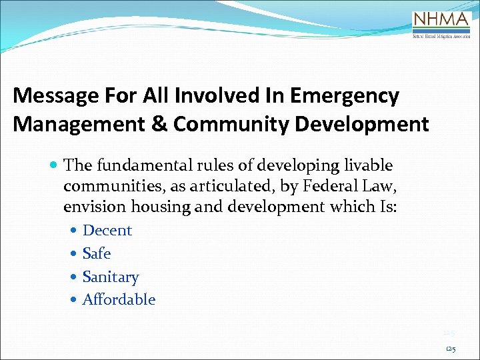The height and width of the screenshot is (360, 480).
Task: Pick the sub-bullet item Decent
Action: [107, 231]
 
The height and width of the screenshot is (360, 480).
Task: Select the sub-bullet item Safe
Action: [96, 254]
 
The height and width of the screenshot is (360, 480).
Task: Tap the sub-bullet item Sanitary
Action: [110, 277]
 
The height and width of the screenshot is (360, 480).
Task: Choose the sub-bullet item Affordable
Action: [119, 300]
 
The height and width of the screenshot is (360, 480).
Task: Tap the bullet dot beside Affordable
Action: [73, 300]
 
